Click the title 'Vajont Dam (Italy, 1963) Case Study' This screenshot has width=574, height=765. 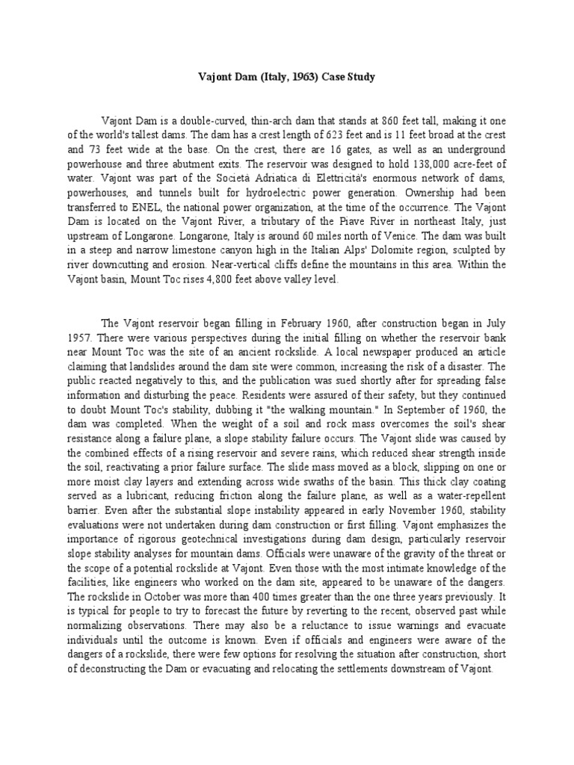tap(286, 78)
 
